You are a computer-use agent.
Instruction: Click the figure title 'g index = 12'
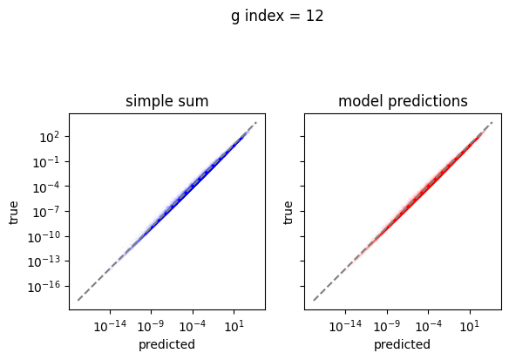click(277, 17)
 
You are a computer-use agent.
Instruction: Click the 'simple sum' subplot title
click(166, 101)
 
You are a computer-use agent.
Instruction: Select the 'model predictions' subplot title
click(403, 101)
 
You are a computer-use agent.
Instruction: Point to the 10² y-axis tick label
click(50, 138)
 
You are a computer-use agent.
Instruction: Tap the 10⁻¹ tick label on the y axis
click(47, 162)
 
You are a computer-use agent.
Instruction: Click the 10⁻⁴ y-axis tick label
click(47, 187)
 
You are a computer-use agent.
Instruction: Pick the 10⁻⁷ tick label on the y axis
click(47, 213)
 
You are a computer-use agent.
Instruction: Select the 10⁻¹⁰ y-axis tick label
click(44, 237)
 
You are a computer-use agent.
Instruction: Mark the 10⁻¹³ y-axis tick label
click(44, 262)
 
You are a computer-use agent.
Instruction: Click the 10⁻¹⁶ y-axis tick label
click(44, 287)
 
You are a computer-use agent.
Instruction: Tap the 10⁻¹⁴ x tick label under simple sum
click(110, 326)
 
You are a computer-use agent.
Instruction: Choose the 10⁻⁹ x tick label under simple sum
click(152, 326)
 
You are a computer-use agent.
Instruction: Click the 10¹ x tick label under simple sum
click(234, 326)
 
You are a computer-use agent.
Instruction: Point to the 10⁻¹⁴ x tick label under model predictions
click(345, 326)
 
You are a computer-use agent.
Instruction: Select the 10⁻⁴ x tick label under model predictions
click(428, 326)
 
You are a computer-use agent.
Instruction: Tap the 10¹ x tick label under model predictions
click(470, 326)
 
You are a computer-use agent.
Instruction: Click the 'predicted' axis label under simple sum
click(166, 344)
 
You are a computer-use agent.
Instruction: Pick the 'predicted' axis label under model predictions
click(402, 344)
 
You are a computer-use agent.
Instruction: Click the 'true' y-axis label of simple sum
click(14, 213)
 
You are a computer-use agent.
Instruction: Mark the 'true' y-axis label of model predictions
click(288, 213)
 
